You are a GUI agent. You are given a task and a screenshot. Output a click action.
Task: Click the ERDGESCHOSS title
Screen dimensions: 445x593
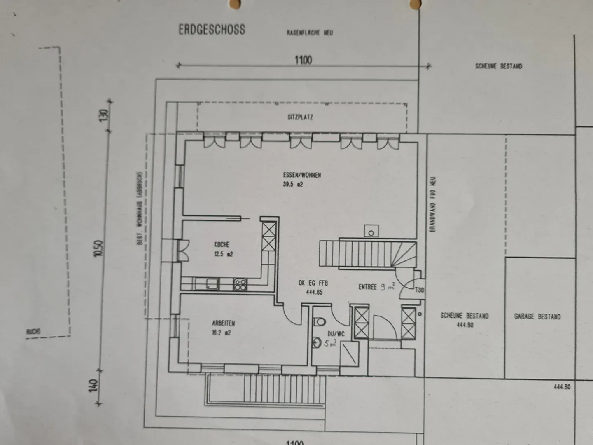(x=212, y=30)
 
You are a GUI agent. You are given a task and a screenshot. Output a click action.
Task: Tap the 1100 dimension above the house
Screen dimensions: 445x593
(x=303, y=60)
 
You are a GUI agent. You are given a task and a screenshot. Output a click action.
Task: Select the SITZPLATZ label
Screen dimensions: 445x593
(x=300, y=117)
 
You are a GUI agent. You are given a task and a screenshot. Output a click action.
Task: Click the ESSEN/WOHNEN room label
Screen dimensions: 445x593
(x=302, y=175)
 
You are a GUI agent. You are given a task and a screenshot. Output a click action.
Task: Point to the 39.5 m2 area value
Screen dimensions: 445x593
(x=293, y=185)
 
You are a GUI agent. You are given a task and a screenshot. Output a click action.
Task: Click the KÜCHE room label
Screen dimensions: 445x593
(x=222, y=245)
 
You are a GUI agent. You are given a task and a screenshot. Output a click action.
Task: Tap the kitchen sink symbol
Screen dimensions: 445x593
(x=212, y=283)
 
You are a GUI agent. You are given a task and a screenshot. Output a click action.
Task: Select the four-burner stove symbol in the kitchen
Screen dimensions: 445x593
(x=240, y=284)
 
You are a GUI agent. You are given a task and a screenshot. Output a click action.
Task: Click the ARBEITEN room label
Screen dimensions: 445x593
(x=224, y=323)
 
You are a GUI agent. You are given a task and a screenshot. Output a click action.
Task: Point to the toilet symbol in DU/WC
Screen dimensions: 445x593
(x=320, y=321)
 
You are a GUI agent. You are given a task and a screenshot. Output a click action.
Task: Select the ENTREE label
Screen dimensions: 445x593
(x=367, y=287)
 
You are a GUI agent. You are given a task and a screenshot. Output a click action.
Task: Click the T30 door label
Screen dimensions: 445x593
(x=419, y=290)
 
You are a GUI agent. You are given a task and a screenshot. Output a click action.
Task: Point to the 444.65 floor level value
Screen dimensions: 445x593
(x=314, y=292)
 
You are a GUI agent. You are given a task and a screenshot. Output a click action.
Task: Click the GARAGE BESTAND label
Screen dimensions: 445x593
(x=537, y=316)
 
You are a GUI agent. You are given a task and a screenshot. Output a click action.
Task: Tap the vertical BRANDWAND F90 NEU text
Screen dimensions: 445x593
(x=432, y=204)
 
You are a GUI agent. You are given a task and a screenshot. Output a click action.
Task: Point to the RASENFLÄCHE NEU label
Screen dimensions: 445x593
(x=310, y=33)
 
